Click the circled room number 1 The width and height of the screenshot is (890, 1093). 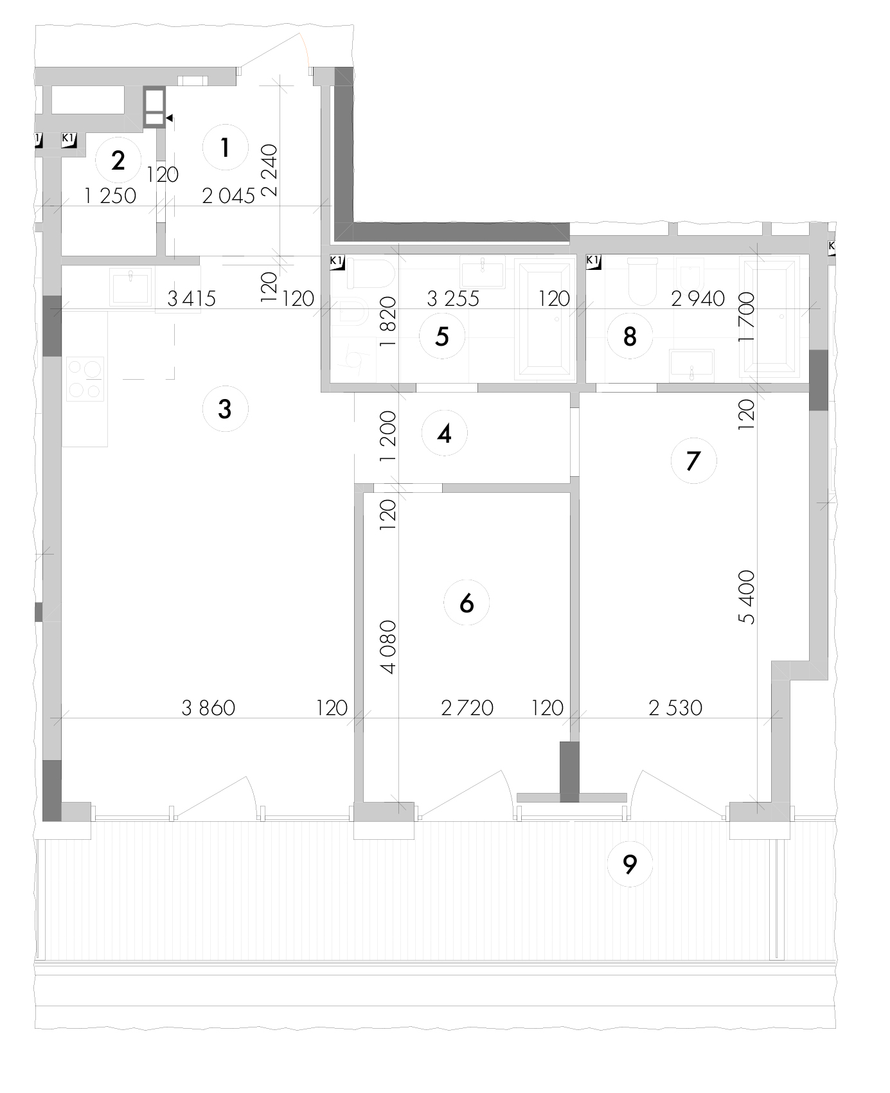225,148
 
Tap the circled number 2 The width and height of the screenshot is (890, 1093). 118,160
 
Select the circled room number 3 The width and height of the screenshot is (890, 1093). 225,408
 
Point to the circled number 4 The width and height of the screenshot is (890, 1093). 444,434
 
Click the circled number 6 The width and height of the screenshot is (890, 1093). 467,603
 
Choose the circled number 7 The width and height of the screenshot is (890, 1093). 693,461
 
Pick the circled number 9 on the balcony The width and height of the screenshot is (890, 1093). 630,865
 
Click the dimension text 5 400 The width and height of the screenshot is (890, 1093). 747,597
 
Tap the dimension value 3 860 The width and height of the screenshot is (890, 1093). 209,708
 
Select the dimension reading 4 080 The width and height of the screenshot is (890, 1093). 388,646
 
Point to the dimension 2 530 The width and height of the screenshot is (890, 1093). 675,708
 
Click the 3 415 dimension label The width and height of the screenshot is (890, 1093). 191,299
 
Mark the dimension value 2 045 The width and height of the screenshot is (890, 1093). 229,196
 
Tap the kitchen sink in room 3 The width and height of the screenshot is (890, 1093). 132,286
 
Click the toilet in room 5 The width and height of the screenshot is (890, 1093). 370,274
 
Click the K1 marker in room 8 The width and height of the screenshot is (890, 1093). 594,262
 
